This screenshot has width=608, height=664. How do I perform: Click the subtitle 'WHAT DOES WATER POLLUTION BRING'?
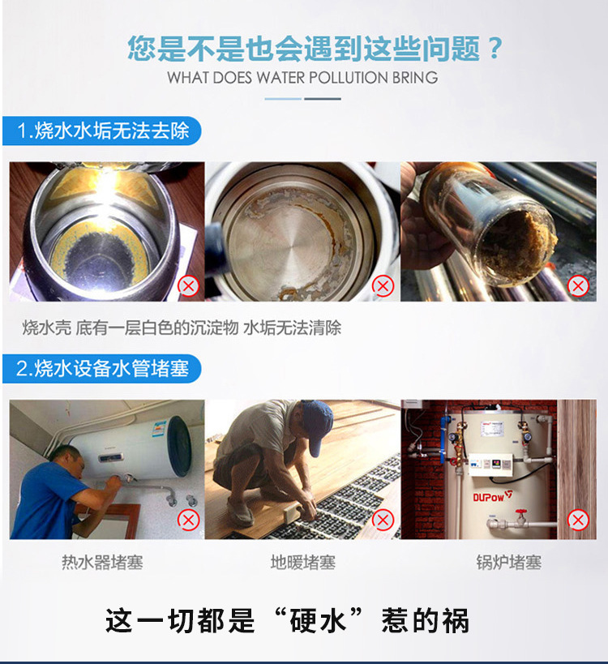tap(302, 78)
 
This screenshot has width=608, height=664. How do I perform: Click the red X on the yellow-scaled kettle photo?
tap(188, 285)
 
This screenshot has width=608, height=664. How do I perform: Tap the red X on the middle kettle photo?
tap(383, 285)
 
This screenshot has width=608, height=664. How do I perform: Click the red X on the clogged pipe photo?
tap(578, 285)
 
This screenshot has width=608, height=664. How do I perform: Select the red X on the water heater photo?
tap(188, 520)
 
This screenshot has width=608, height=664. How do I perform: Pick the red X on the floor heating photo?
tap(383, 520)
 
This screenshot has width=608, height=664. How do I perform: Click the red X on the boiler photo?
tap(578, 520)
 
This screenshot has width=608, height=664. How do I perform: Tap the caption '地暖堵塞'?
tap(302, 562)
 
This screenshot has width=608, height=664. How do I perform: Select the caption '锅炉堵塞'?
tap(508, 562)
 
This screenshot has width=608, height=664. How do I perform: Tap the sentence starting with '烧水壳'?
tap(182, 328)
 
